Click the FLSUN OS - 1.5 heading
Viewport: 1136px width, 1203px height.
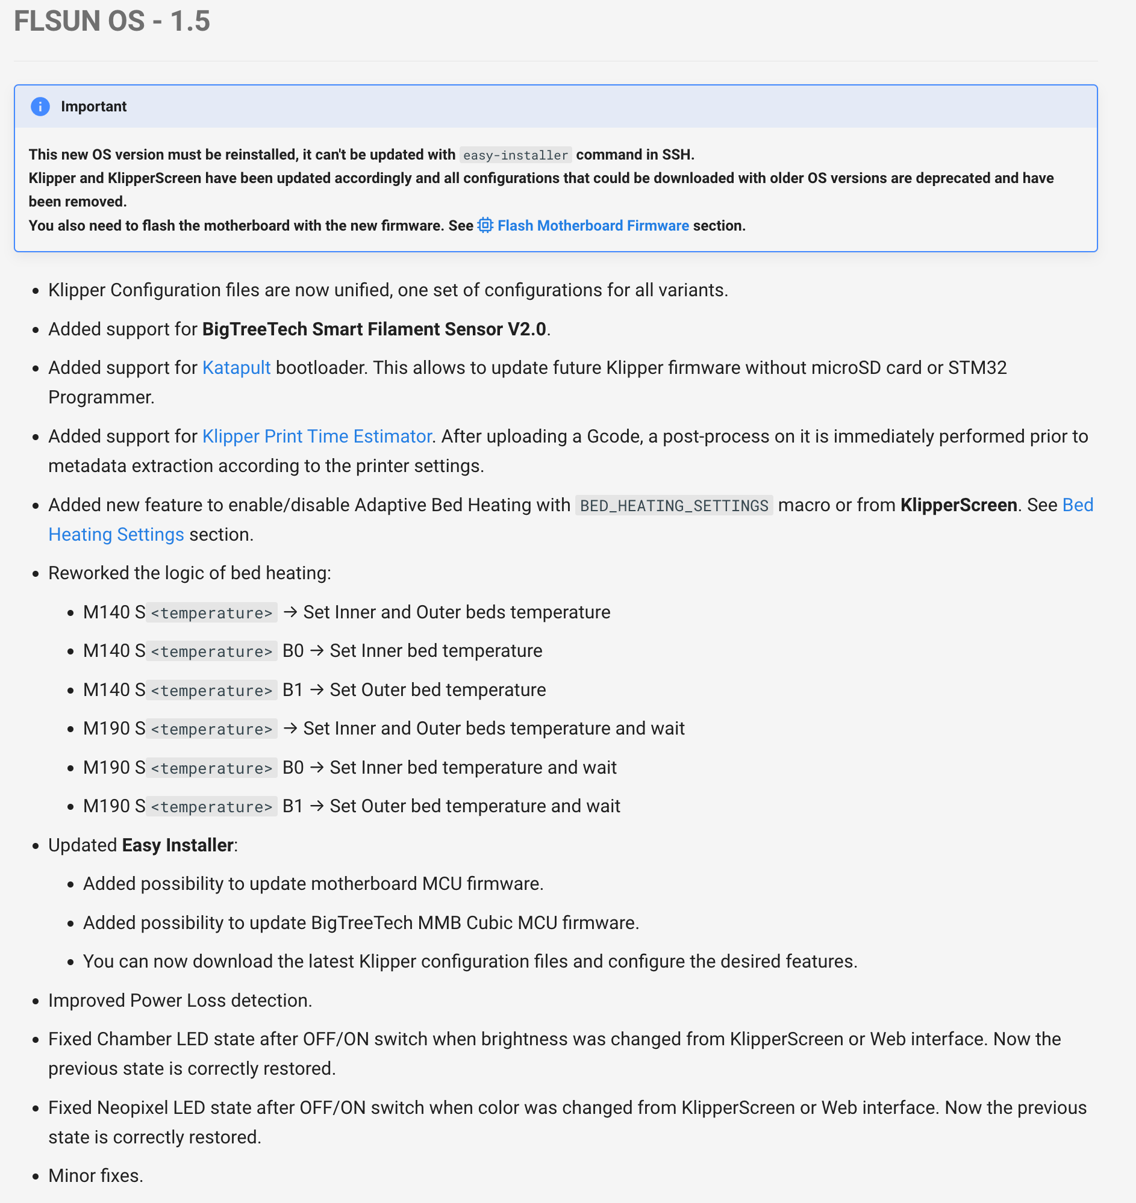pos(112,21)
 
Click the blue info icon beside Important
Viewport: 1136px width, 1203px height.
pos(40,107)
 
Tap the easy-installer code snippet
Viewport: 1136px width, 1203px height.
pos(516,155)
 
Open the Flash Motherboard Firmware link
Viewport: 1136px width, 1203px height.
pos(593,226)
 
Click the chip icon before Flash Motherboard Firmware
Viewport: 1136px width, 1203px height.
pos(485,226)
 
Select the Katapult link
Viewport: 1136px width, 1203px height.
pos(236,367)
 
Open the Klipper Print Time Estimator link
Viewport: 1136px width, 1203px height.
pos(317,436)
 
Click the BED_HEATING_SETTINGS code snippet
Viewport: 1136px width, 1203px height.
pos(673,505)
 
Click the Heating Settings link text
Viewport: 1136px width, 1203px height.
pos(116,535)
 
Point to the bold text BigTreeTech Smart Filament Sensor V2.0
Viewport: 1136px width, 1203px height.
pos(373,329)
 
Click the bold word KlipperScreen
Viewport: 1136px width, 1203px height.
pos(958,505)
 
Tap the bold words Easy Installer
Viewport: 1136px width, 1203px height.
pos(178,845)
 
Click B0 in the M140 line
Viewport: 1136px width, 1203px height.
pos(293,651)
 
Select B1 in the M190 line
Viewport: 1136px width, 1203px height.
pos(293,806)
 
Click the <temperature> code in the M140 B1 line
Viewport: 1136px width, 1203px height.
pos(211,690)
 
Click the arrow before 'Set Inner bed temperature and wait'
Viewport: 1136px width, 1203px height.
pos(317,768)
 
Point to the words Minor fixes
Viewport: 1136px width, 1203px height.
pos(96,1175)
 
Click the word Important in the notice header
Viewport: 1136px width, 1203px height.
pos(94,107)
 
